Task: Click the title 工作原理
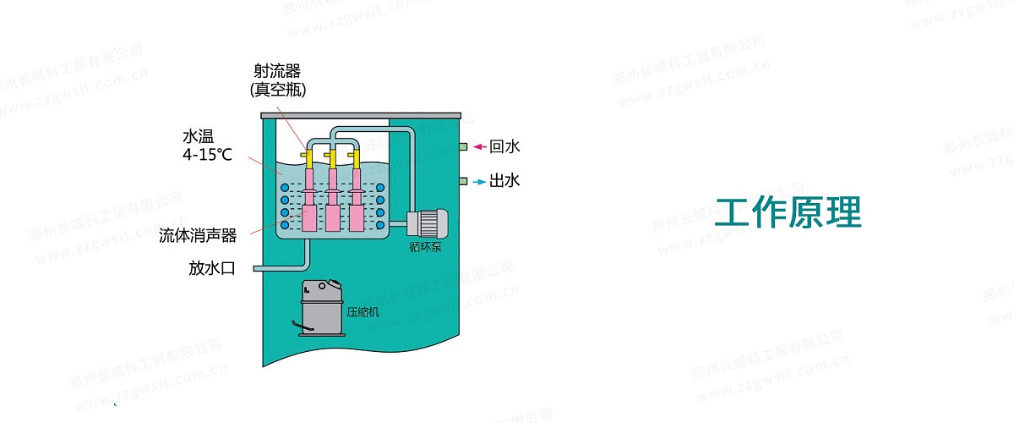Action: pyautogui.click(x=788, y=212)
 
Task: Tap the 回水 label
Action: pyautogui.click(x=504, y=147)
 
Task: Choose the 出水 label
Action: pyautogui.click(x=504, y=180)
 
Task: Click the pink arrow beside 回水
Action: pyautogui.click(x=479, y=147)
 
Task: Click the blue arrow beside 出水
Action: pyautogui.click(x=479, y=180)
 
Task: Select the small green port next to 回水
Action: pyautogui.click(x=464, y=147)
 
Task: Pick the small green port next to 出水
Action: pyautogui.click(x=464, y=180)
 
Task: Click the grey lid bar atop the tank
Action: pyautogui.click(x=361, y=114)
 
